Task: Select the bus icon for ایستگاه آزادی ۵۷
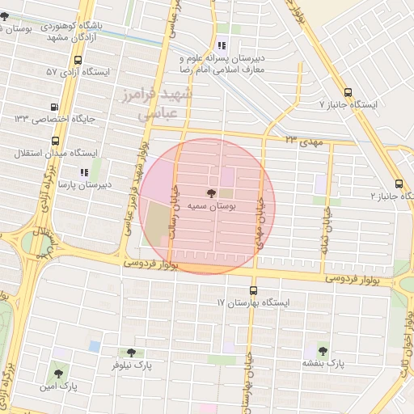78,60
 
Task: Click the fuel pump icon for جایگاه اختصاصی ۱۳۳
54,106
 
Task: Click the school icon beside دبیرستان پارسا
83,171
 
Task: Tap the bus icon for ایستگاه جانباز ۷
348,92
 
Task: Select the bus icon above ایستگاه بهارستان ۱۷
254,290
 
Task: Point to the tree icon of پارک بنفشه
323,350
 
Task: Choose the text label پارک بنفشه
323,364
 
